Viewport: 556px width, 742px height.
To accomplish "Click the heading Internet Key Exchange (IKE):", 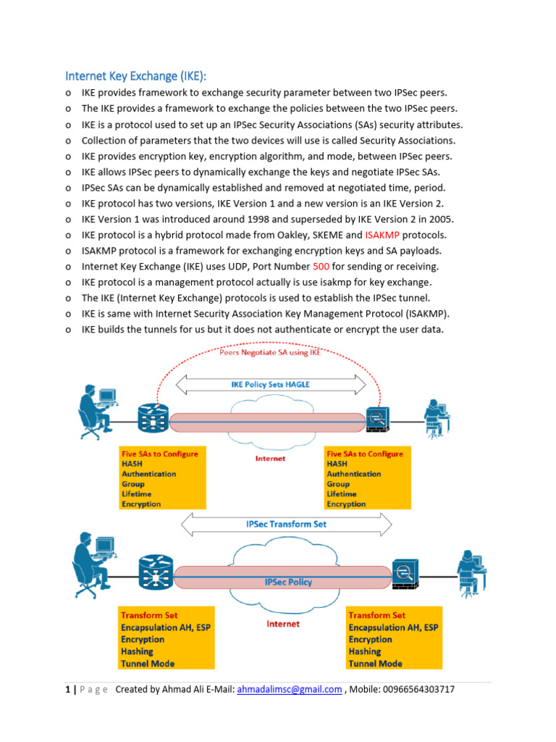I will coord(141,76).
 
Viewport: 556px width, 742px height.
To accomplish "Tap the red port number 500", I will coord(320,267).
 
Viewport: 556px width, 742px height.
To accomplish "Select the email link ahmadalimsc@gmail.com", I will coord(290,690).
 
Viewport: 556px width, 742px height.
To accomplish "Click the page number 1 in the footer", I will coord(67,690).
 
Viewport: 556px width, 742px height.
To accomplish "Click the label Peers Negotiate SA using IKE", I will coord(269,353).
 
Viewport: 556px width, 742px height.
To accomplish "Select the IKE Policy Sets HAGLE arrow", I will coord(269,385).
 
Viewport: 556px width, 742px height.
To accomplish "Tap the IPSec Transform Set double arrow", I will coord(287,524).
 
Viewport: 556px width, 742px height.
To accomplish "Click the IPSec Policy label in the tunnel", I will coord(288,582).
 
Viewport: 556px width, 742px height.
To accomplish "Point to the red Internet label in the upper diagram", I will coord(270,458).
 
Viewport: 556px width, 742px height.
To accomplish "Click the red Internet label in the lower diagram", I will coord(282,623).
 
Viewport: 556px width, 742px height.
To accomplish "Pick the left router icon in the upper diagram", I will coord(153,418).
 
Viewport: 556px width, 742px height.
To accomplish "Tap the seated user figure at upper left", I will coord(96,408).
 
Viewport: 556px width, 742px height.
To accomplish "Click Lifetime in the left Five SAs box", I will coord(137,493).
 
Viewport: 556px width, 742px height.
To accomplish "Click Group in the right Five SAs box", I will coord(338,483).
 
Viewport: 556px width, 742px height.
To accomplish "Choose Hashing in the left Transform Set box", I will coord(138,651).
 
